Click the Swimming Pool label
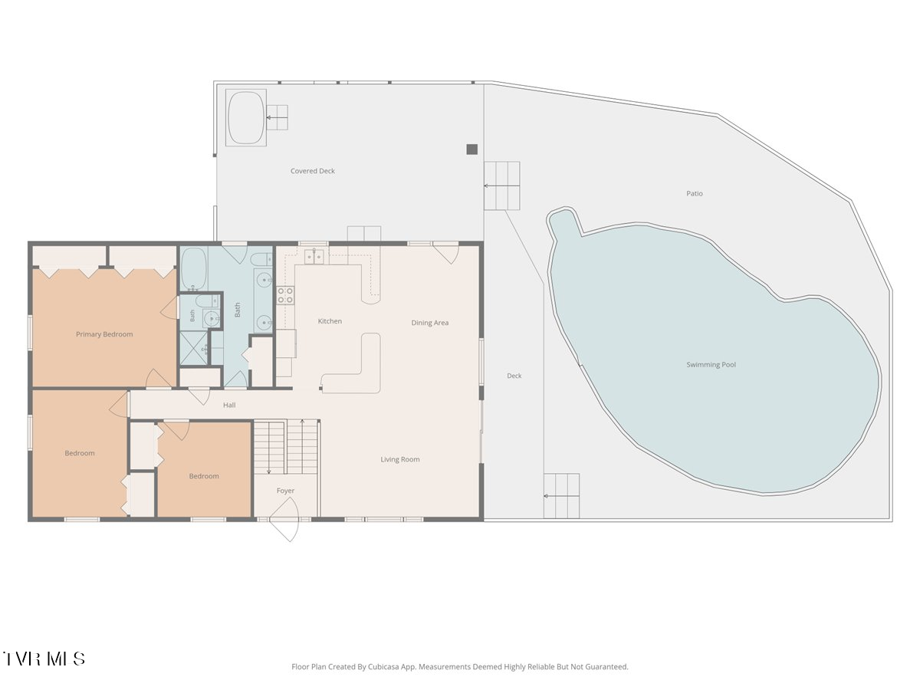[711, 364]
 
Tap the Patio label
[695, 193]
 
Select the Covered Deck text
[313, 171]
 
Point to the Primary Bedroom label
[104, 334]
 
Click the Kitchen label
[330, 321]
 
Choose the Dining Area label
[429, 323]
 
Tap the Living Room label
[400, 459]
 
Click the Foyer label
[285, 491]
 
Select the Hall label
[229, 405]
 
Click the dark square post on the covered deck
[472, 149]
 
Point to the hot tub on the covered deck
[246, 117]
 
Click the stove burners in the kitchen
[285, 295]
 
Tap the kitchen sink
[314, 256]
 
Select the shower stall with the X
[194, 348]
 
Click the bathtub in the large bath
[194, 268]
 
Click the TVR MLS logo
[44, 659]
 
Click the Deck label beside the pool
[514, 376]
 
